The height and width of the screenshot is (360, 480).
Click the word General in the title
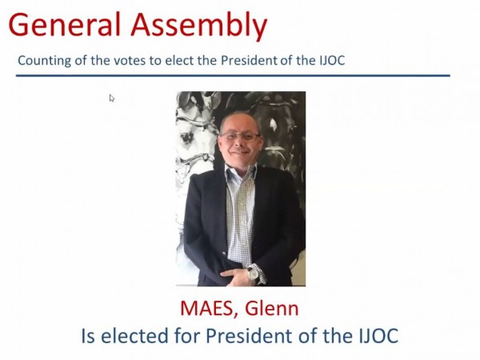(65, 25)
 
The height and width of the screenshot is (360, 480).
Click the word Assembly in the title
(199, 27)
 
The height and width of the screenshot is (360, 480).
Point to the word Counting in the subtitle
(45, 61)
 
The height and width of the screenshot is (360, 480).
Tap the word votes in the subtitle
(130, 61)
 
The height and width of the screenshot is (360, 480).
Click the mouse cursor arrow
(112, 98)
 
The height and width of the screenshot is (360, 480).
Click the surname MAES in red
(210, 309)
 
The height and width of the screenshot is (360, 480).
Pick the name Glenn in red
(272, 308)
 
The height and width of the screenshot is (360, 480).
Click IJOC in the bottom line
(378, 336)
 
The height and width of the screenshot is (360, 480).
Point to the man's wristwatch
(254, 273)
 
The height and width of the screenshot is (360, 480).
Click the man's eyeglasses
(240, 136)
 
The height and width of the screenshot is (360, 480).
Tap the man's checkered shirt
(240, 214)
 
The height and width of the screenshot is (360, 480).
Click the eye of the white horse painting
(186, 138)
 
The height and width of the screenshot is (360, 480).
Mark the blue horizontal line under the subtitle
(233, 75)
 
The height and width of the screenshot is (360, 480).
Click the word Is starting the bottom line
(88, 335)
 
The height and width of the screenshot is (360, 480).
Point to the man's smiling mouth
(240, 152)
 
